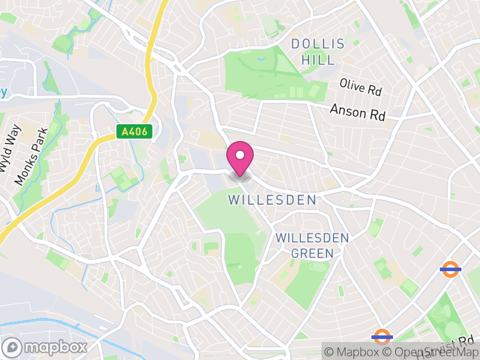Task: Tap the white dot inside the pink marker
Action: point(240,155)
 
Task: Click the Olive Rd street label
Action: point(360,88)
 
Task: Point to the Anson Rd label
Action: point(358,112)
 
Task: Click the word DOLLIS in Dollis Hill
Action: point(318,44)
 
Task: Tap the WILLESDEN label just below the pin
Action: point(272,200)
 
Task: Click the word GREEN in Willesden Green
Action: point(312,254)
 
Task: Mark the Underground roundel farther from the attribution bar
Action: point(450,269)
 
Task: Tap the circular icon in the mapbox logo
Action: point(13,347)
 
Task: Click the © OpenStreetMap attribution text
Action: point(430,352)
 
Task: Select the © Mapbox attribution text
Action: point(355,352)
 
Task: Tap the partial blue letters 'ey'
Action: point(3,92)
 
